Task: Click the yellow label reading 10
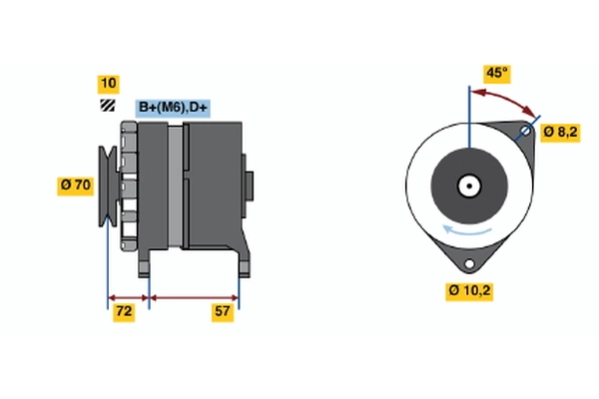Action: pyautogui.click(x=109, y=84)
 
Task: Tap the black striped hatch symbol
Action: pyautogui.click(x=108, y=106)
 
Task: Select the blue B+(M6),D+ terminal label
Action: pyautogui.click(x=173, y=108)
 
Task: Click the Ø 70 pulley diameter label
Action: pyautogui.click(x=75, y=186)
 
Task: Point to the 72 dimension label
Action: pyautogui.click(x=124, y=312)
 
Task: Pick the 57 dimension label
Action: pyautogui.click(x=223, y=312)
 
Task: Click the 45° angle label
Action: pyautogui.click(x=496, y=74)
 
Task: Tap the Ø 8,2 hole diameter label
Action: pyautogui.click(x=560, y=133)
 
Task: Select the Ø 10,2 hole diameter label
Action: pyautogui.click(x=469, y=291)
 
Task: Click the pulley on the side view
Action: pyautogui.click(x=109, y=187)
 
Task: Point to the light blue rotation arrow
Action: pyautogui.click(x=466, y=230)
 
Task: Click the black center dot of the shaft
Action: pyautogui.click(x=469, y=186)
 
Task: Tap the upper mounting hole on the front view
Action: pyautogui.click(x=526, y=132)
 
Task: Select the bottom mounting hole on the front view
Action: pyautogui.click(x=469, y=263)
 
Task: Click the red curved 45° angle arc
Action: pyautogui.click(x=503, y=100)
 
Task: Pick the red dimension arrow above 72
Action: pyautogui.click(x=129, y=298)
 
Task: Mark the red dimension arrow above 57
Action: pyautogui.click(x=194, y=298)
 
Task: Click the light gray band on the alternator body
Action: pyautogui.click(x=176, y=187)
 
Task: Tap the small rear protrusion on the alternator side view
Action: pyautogui.click(x=249, y=186)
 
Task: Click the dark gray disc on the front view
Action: pyautogui.click(x=469, y=186)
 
